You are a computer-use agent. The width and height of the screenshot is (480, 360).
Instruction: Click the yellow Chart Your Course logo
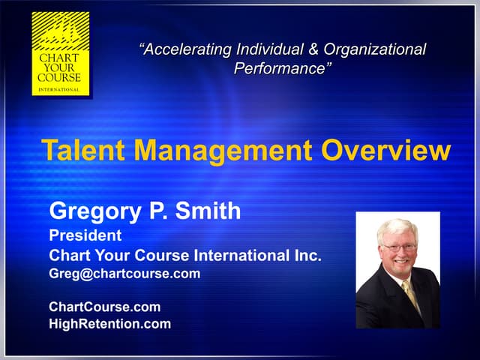61,53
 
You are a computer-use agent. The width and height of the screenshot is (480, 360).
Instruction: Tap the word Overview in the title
385,151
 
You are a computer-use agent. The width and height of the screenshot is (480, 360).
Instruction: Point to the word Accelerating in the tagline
185,50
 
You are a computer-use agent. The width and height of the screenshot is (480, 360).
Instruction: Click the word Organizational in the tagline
376,50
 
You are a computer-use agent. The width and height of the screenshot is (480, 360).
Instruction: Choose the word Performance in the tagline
282,69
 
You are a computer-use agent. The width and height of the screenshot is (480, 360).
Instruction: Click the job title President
85,235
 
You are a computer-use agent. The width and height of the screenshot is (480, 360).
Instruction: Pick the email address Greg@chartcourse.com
124,274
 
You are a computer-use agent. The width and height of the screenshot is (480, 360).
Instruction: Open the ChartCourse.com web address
104,307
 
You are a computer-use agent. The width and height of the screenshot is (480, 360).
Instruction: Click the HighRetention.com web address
109,324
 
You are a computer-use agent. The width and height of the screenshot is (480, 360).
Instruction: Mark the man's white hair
397,227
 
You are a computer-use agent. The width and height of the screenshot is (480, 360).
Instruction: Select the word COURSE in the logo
61,76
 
